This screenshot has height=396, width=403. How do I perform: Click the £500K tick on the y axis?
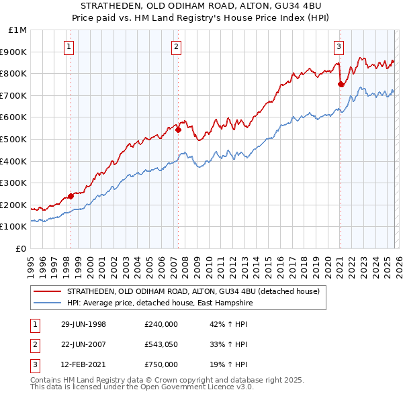(x=14, y=139)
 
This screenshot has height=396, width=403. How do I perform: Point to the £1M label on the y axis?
(x=18, y=30)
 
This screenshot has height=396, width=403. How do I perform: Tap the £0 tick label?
(x=22, y=248)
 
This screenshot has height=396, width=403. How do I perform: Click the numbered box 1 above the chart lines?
(x=71, y=46)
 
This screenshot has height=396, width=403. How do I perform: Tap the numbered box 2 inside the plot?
(x=176, y=46)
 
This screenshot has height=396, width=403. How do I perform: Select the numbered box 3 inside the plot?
(x=339, y=46)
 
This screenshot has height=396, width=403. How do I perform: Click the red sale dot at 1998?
(x=71, y=196)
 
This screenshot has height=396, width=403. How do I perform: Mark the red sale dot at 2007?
(x=178, y=130)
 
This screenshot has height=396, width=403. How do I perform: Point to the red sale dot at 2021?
(x=341, y=85)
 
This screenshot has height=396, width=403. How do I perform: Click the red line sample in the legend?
(x=48, y=291)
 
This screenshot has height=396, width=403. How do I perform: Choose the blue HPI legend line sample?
(x=48, y=303)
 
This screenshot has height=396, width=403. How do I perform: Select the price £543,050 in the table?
(x=161, y=344)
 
